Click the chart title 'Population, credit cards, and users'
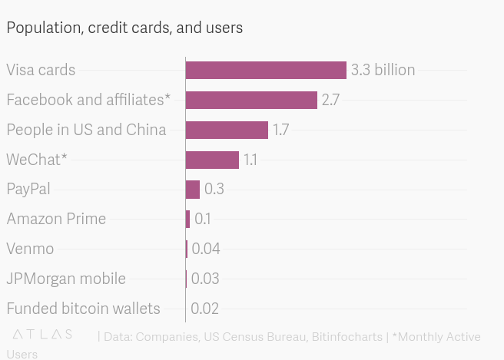[x=124, y=28]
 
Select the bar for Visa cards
[x=266, y=70]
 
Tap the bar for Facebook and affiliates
[x=251, y=100]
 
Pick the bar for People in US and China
[x=227, y=130]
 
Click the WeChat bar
[x=212, y=160]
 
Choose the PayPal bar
[x=192, y=189]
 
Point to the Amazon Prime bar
[x=187, y=219]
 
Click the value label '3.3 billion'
[x=383, y=70]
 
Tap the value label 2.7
[x=330, y=100]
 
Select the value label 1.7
[x=280, y=130]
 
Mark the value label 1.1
[x=250, y=160]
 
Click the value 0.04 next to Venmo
[x=205, y=249]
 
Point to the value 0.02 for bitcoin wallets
[x=204, y=309]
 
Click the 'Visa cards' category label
[x=41, y=70]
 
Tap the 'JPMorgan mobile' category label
[x=66, y=279]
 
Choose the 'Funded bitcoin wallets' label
[x=83, y=309]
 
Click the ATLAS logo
[x=44, y=335]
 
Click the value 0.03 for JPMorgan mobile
[x=204, y=279]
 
